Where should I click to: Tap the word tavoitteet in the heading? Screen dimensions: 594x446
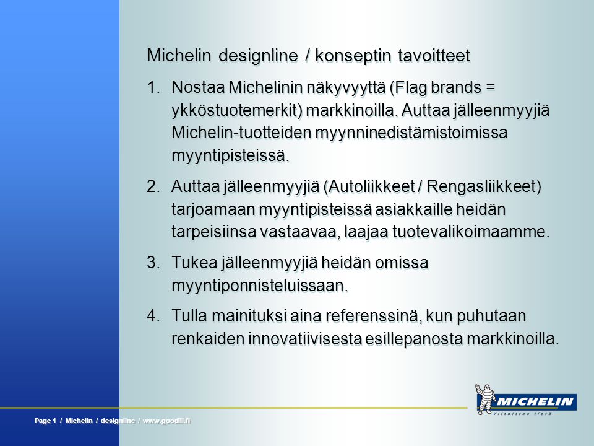(434, 56)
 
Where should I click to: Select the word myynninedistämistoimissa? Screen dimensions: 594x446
(411, 133)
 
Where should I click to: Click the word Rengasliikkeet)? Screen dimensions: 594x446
(484, 186)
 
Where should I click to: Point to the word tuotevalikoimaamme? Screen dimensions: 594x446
(470, 232)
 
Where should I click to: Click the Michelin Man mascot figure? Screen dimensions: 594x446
(485, 399)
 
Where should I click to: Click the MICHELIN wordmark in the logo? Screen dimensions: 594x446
(535, 402)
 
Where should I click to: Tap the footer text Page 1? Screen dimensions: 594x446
(45, 421)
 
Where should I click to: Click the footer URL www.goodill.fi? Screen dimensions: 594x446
(166, 421)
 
